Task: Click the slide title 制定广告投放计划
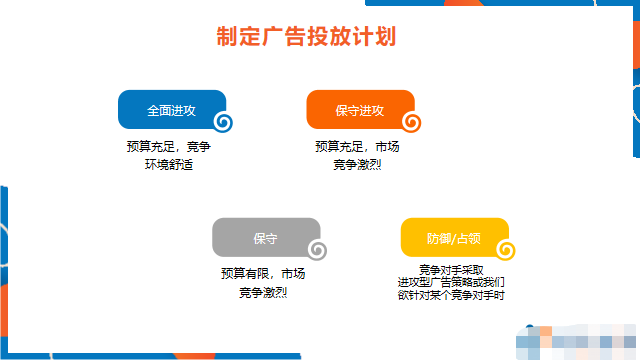(x=307, y=37)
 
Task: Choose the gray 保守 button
(x=264, y=238)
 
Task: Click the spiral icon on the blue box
(x=224, y=122)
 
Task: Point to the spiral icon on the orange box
(x=412, y=122)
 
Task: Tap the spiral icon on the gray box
(x=318, y=250)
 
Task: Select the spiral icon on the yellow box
(x=506, y=250)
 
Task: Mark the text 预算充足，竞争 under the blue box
(x=169, y=147)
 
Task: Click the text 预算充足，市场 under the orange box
(x=357, y=147)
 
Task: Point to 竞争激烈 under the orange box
(x=357, y=164)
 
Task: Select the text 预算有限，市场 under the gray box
(x=263, y=274)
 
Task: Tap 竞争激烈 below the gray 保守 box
(x=263, y=292)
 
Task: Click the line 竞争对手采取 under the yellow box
(x=451, y=270)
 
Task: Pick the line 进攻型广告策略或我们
(x=451, y=283)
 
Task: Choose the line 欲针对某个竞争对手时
(x=451, y=296)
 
